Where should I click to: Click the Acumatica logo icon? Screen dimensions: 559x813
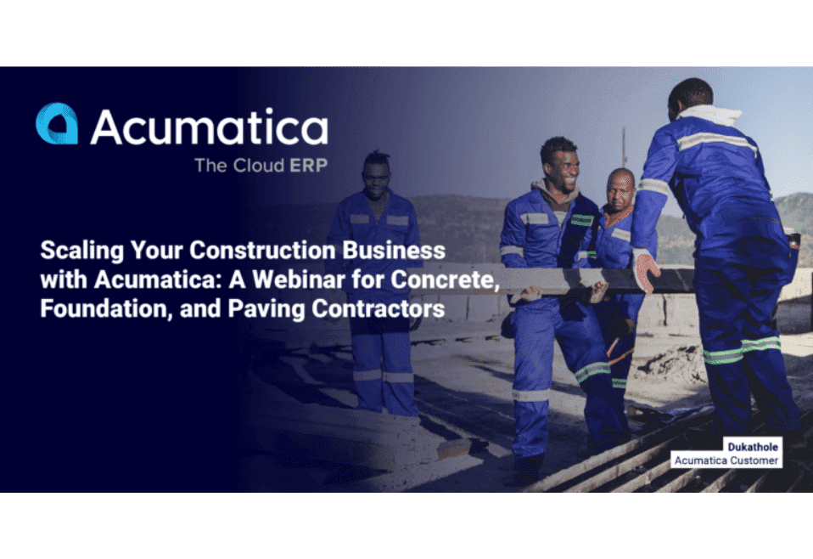point(57,124)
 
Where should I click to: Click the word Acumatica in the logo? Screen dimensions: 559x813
point(209,127)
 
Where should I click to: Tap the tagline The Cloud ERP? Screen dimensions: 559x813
point(260,165)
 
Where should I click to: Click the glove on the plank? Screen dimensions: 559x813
point(646,271)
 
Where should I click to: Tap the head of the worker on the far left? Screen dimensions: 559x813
point(377,172)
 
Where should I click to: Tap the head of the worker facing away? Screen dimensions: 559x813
point(690,96)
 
